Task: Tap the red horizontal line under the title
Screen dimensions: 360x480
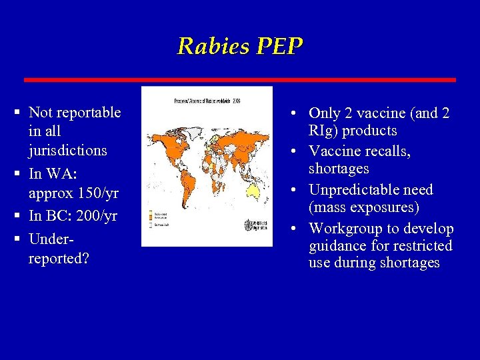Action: (240, 79)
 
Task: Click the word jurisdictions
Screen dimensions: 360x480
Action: (68, 150)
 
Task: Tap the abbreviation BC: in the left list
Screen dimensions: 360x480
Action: (61, 216)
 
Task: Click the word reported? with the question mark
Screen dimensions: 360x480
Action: (59, 258)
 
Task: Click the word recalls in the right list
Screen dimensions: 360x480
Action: (387, 151)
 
